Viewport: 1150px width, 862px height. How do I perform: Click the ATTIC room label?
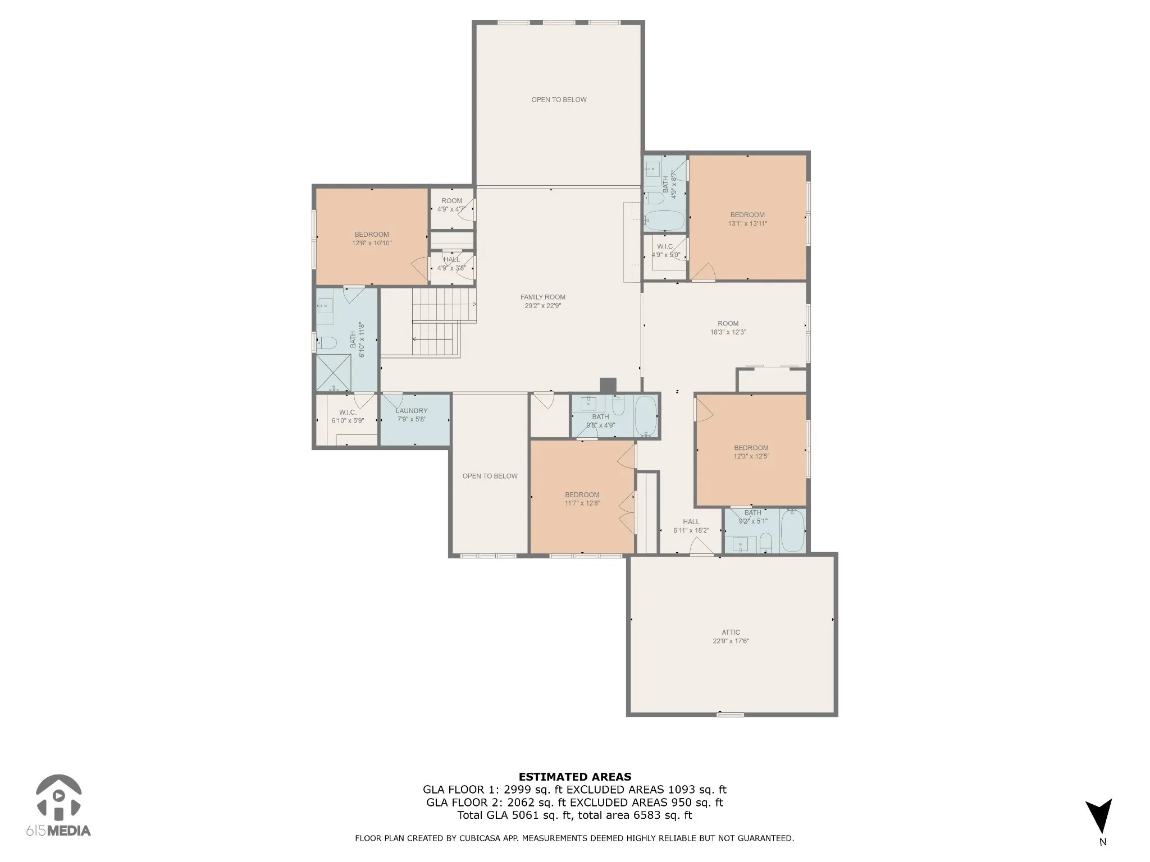(x=731, y=632)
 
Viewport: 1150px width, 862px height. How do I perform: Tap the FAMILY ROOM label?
(x=542, y=297)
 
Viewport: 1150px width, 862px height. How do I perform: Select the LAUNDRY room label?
(x=412, y=411)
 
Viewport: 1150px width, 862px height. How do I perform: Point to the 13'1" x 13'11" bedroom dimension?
(x=747, y=223)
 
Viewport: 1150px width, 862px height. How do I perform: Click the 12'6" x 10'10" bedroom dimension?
(x=372, y=243)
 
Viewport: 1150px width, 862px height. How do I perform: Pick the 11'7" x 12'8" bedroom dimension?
(x=582, y=503)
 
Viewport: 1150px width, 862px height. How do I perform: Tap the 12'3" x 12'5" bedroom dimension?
(x=751, y=456)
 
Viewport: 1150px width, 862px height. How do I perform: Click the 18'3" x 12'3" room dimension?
(x=728, y=332)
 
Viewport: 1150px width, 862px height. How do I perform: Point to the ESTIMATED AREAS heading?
(x=575, y=777)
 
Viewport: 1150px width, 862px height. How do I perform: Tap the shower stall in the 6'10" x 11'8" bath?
(x=334, y=373)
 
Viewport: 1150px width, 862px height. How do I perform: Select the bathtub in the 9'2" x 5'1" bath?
(x=792, y=530)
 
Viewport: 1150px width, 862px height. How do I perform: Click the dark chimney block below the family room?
(x=608, y=386)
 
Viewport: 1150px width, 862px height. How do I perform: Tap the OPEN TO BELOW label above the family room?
(x=559, y=100)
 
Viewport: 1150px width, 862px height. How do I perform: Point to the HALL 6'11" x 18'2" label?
(x=691, y=526)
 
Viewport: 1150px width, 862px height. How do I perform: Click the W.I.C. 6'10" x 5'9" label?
(x=348, y=416)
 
